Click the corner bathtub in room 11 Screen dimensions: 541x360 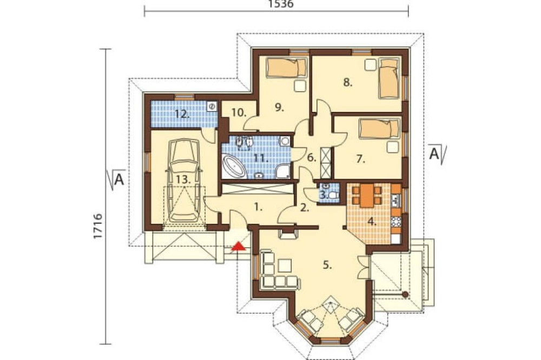[234, 167]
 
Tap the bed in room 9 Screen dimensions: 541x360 [286, 67]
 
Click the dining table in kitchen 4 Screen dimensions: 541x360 [367, 196]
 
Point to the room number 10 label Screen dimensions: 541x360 [239, 112]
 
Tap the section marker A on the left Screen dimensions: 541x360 [116, 179]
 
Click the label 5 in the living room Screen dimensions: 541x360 [327, 265]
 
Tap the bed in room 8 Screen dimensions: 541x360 [389, 78]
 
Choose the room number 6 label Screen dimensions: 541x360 [311, 158]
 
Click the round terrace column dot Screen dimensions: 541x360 [405, 295]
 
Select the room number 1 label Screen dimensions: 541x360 [259, 207]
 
